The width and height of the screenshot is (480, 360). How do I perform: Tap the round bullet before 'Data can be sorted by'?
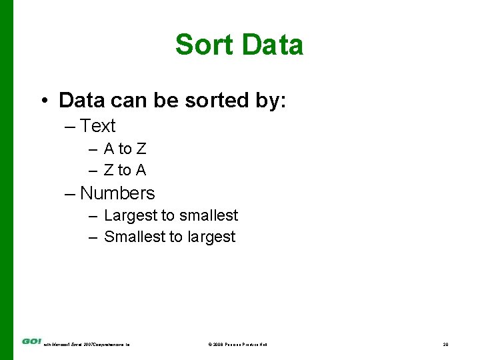[43, 101]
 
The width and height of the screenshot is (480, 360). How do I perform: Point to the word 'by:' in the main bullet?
[270, 101]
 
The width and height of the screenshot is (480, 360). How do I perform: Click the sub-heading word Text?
[97, 126]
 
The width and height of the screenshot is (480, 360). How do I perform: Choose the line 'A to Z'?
[125, 149]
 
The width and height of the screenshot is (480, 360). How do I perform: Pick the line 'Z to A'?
[125, 170]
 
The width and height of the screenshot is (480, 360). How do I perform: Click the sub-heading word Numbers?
[117, 193]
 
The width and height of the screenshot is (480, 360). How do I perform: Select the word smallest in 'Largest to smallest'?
[207, 215]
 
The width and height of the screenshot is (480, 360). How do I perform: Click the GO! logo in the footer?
[31, 341]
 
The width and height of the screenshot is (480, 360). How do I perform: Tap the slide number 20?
[445, 344]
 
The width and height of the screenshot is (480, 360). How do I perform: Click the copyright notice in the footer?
[237, 344]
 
